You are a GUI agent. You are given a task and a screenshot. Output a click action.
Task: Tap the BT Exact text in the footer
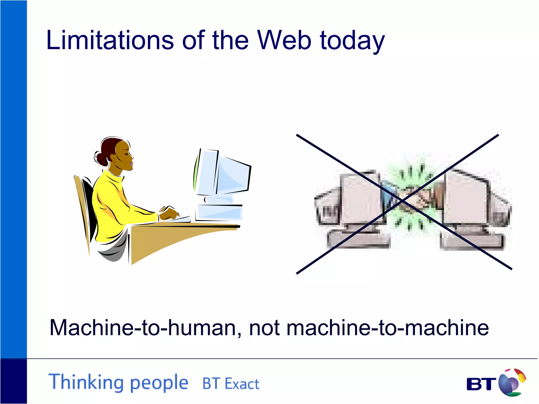231,383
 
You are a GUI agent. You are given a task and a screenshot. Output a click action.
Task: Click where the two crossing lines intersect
402,201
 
